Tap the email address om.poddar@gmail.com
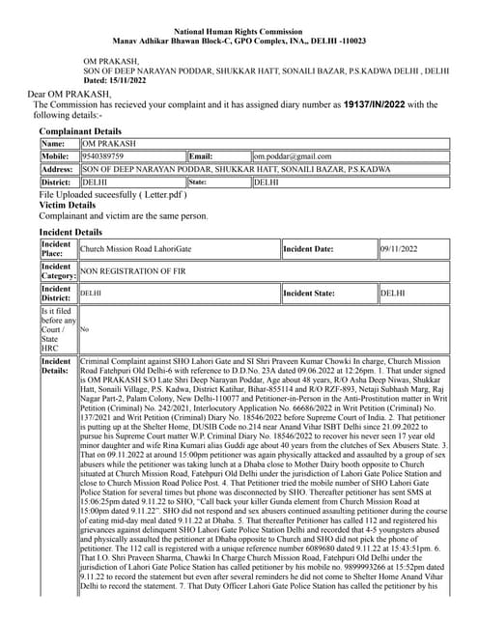(293, 155)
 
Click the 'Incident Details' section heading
(70, 233)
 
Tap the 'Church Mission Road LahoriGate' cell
(136, 249)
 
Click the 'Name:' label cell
(53, 143)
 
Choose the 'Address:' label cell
(57, 168)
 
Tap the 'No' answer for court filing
(84, 329)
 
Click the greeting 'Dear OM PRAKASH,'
(69, 94)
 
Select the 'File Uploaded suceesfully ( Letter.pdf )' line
(107, 194)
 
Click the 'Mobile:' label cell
(55, 155)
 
